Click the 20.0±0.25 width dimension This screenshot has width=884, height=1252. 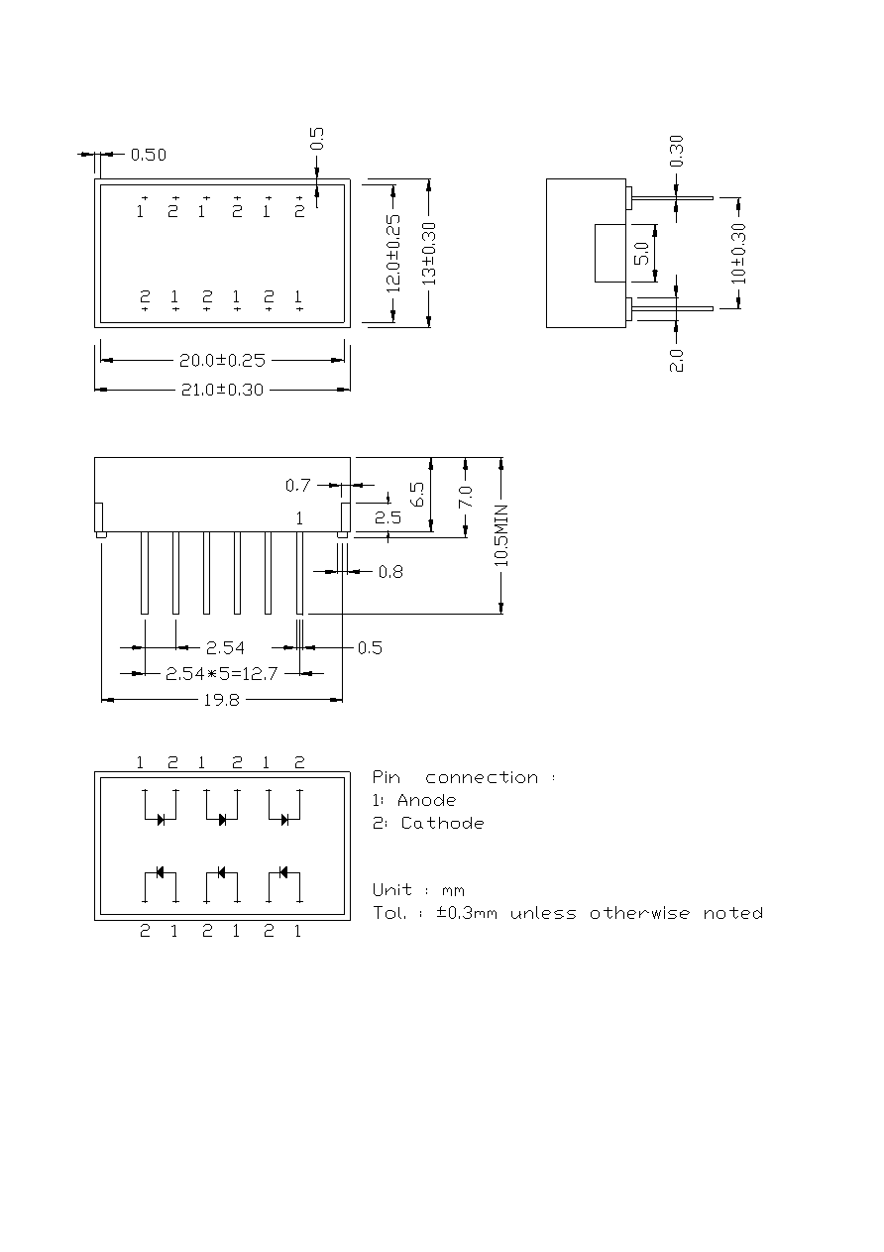pyautogui.click(x=222, y=361)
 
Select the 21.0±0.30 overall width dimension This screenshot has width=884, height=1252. pyautogui.click(x=222, y=390)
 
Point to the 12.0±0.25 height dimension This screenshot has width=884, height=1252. pyautogui.click(x=393, y=254)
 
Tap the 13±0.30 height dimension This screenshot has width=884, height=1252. pyautogui.click(x=428, y=254)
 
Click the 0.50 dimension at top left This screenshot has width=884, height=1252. pyautogui.click(x=148, y=155)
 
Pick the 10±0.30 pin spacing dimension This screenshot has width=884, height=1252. pyautogui.click(x=738, y=253)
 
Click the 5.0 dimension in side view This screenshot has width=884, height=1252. pyautogui.click(x=641, y=253)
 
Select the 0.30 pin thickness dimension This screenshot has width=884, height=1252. pyautogui.click(x=676, y=152)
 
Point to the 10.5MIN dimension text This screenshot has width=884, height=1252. pyautogui.click(x=501, y=535)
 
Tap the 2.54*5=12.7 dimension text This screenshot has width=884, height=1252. pyautogui.click(x=222, y=674)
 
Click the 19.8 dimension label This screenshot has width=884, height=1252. pyautogui.click(x=221, y=700)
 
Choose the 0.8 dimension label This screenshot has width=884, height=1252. pyautogui.click(x=390, y=572)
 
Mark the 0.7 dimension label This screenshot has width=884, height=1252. pyautogui.click(x=298, y=485)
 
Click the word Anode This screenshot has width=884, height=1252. pyautogui.click(x=426, y=800)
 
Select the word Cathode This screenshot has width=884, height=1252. pyautogui.click(x=443, y=824)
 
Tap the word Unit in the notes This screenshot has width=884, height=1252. pyautogui.click(x=392, y=889)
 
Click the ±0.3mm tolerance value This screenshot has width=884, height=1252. pyautogui.click(x=467, y=913)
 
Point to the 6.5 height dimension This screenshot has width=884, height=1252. pyautogui.click(x=417, y=495)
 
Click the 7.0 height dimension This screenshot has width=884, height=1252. pyautogui.click(x=466, y=497)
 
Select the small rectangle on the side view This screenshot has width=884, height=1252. pyautogui.click(x=610, y=253)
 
